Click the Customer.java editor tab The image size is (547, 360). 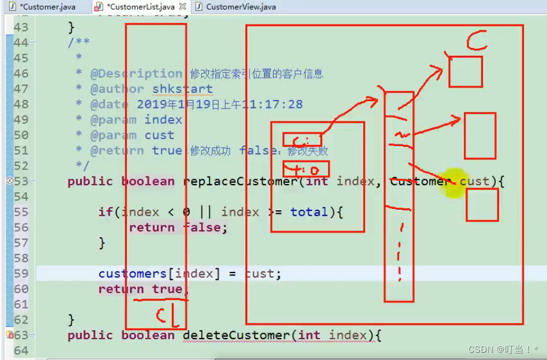(47, 7)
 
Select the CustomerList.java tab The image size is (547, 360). (141, 7)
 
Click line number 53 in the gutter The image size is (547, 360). (21, 181)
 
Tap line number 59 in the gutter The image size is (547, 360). (21, 274)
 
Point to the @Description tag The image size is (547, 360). (136, 74)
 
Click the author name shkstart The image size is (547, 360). (182, 89)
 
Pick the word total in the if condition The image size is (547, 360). (309, 212)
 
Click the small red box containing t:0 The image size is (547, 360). (305, 170)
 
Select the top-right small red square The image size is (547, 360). (465, 71)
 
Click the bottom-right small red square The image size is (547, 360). (482, 205)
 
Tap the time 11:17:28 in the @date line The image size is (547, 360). (272, 104)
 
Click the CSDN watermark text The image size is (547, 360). (503, 349)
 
